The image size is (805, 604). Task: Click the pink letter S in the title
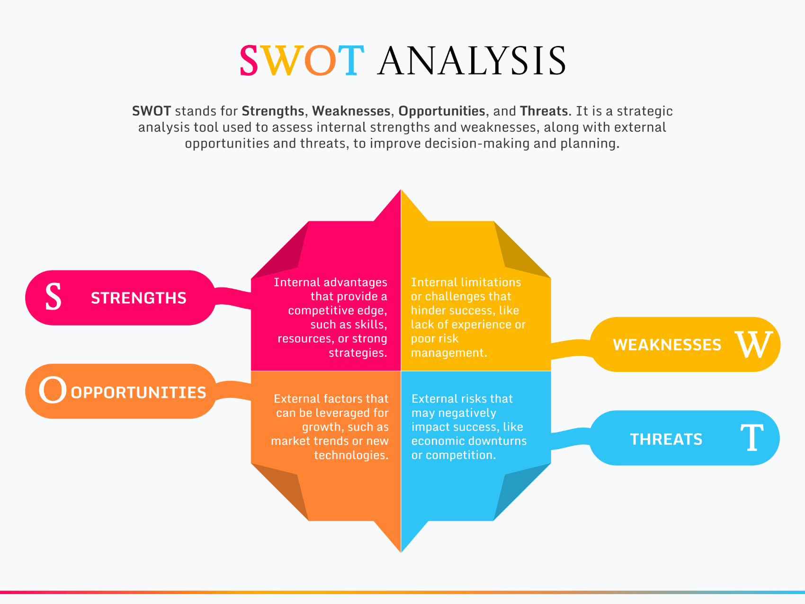(249, 61)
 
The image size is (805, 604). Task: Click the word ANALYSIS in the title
(472, 61)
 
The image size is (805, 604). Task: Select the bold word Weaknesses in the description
(351, 111)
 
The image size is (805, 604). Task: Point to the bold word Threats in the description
(544, 111)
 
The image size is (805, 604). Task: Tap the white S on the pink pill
(54, 297)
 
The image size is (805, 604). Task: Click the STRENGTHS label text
(139, 298)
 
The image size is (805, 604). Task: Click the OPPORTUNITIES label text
(139, 393)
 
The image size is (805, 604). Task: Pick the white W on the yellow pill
(754, 344)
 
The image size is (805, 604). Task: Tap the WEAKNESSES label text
(667, 345)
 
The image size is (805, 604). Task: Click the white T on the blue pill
(752, 437)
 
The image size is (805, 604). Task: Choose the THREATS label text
(666, 439)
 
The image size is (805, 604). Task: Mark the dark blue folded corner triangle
(522, 492)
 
